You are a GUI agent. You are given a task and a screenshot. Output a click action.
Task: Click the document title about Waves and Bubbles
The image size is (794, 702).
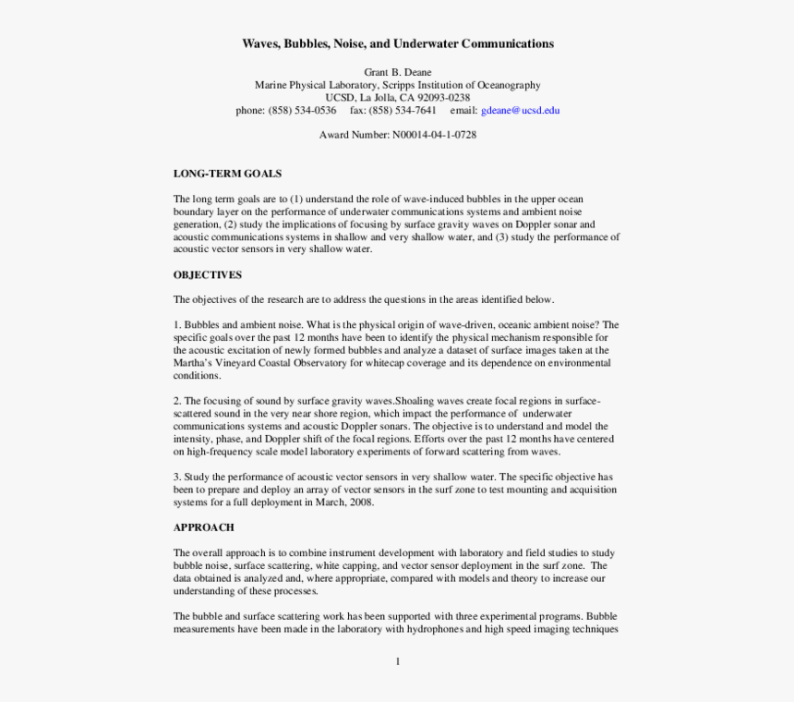click(397, 43)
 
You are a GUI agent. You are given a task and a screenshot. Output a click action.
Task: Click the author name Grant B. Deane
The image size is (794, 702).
click(397, 72)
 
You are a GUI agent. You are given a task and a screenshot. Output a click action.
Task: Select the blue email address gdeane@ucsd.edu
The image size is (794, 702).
click(521, 110)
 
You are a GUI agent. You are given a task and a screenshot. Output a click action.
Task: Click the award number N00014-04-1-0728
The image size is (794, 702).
click(434, 135)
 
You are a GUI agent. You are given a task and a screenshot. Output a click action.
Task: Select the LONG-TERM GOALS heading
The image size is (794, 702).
click(227, 174)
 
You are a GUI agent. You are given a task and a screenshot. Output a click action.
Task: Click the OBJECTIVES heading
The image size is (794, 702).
click(208, 274)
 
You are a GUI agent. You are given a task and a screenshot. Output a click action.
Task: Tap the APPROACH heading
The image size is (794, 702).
click(204, 527)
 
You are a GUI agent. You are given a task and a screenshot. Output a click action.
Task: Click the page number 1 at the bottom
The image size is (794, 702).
click(397, 660)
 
